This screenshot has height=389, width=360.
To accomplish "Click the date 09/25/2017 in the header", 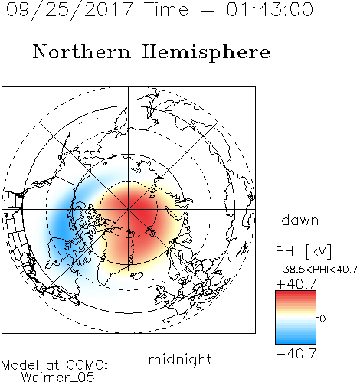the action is [x=70, y=9].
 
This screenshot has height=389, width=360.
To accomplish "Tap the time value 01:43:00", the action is [x=270, y=9].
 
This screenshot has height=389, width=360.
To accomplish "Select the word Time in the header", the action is [x=166, y=9].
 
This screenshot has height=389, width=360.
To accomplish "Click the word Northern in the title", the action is [x=82, y=51].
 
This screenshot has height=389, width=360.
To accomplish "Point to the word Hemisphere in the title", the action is [x=206, y=53].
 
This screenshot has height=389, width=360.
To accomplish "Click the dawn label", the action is [x=300, y=221].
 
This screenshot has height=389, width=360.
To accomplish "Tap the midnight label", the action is [x=180, y=359].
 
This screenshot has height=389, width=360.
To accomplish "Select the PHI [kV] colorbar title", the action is [x=303, y=251].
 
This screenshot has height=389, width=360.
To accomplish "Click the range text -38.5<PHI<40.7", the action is [x=316, y=270].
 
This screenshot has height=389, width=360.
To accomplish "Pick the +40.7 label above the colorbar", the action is [x=296, y=284].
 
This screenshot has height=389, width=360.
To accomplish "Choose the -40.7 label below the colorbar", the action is [x=296, y=354].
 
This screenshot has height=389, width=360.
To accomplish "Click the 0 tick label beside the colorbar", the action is [x=322, y=319].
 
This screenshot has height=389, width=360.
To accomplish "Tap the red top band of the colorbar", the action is [x=296, y=294].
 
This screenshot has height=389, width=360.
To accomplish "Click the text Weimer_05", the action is [x=58, y=378].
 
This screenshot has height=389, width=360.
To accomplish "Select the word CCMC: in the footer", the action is [x=87, y=365].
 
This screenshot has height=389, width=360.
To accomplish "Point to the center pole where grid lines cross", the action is [x=129, y=209].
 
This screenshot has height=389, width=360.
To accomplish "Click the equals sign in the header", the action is [x=208, y=10].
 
